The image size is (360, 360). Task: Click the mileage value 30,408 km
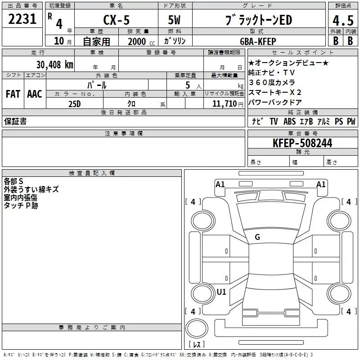pyautogui.click(x=54, y=65)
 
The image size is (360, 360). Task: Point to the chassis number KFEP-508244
pyautogui.click(x=302, y=143)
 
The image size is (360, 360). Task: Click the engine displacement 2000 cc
pyautogui.click(x=137, y=41)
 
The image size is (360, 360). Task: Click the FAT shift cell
pyautogui.click(x=13, y=94)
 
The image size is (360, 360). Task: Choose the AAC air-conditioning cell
pyautogui.click(x=34, y=94)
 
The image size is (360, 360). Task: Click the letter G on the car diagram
pyautogui.click(x=257, y=237)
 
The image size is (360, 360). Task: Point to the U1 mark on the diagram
pyautogui.click(x=221, y=292)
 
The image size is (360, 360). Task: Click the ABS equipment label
pyautogui.click(x=289, y=121)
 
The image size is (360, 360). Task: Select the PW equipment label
pyautogui.click(x=351, y=121)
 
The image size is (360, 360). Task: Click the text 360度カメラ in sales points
pyautogui.click(x=272, y=82)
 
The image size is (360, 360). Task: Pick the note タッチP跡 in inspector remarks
pyautogui.click(x=21, y=205)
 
